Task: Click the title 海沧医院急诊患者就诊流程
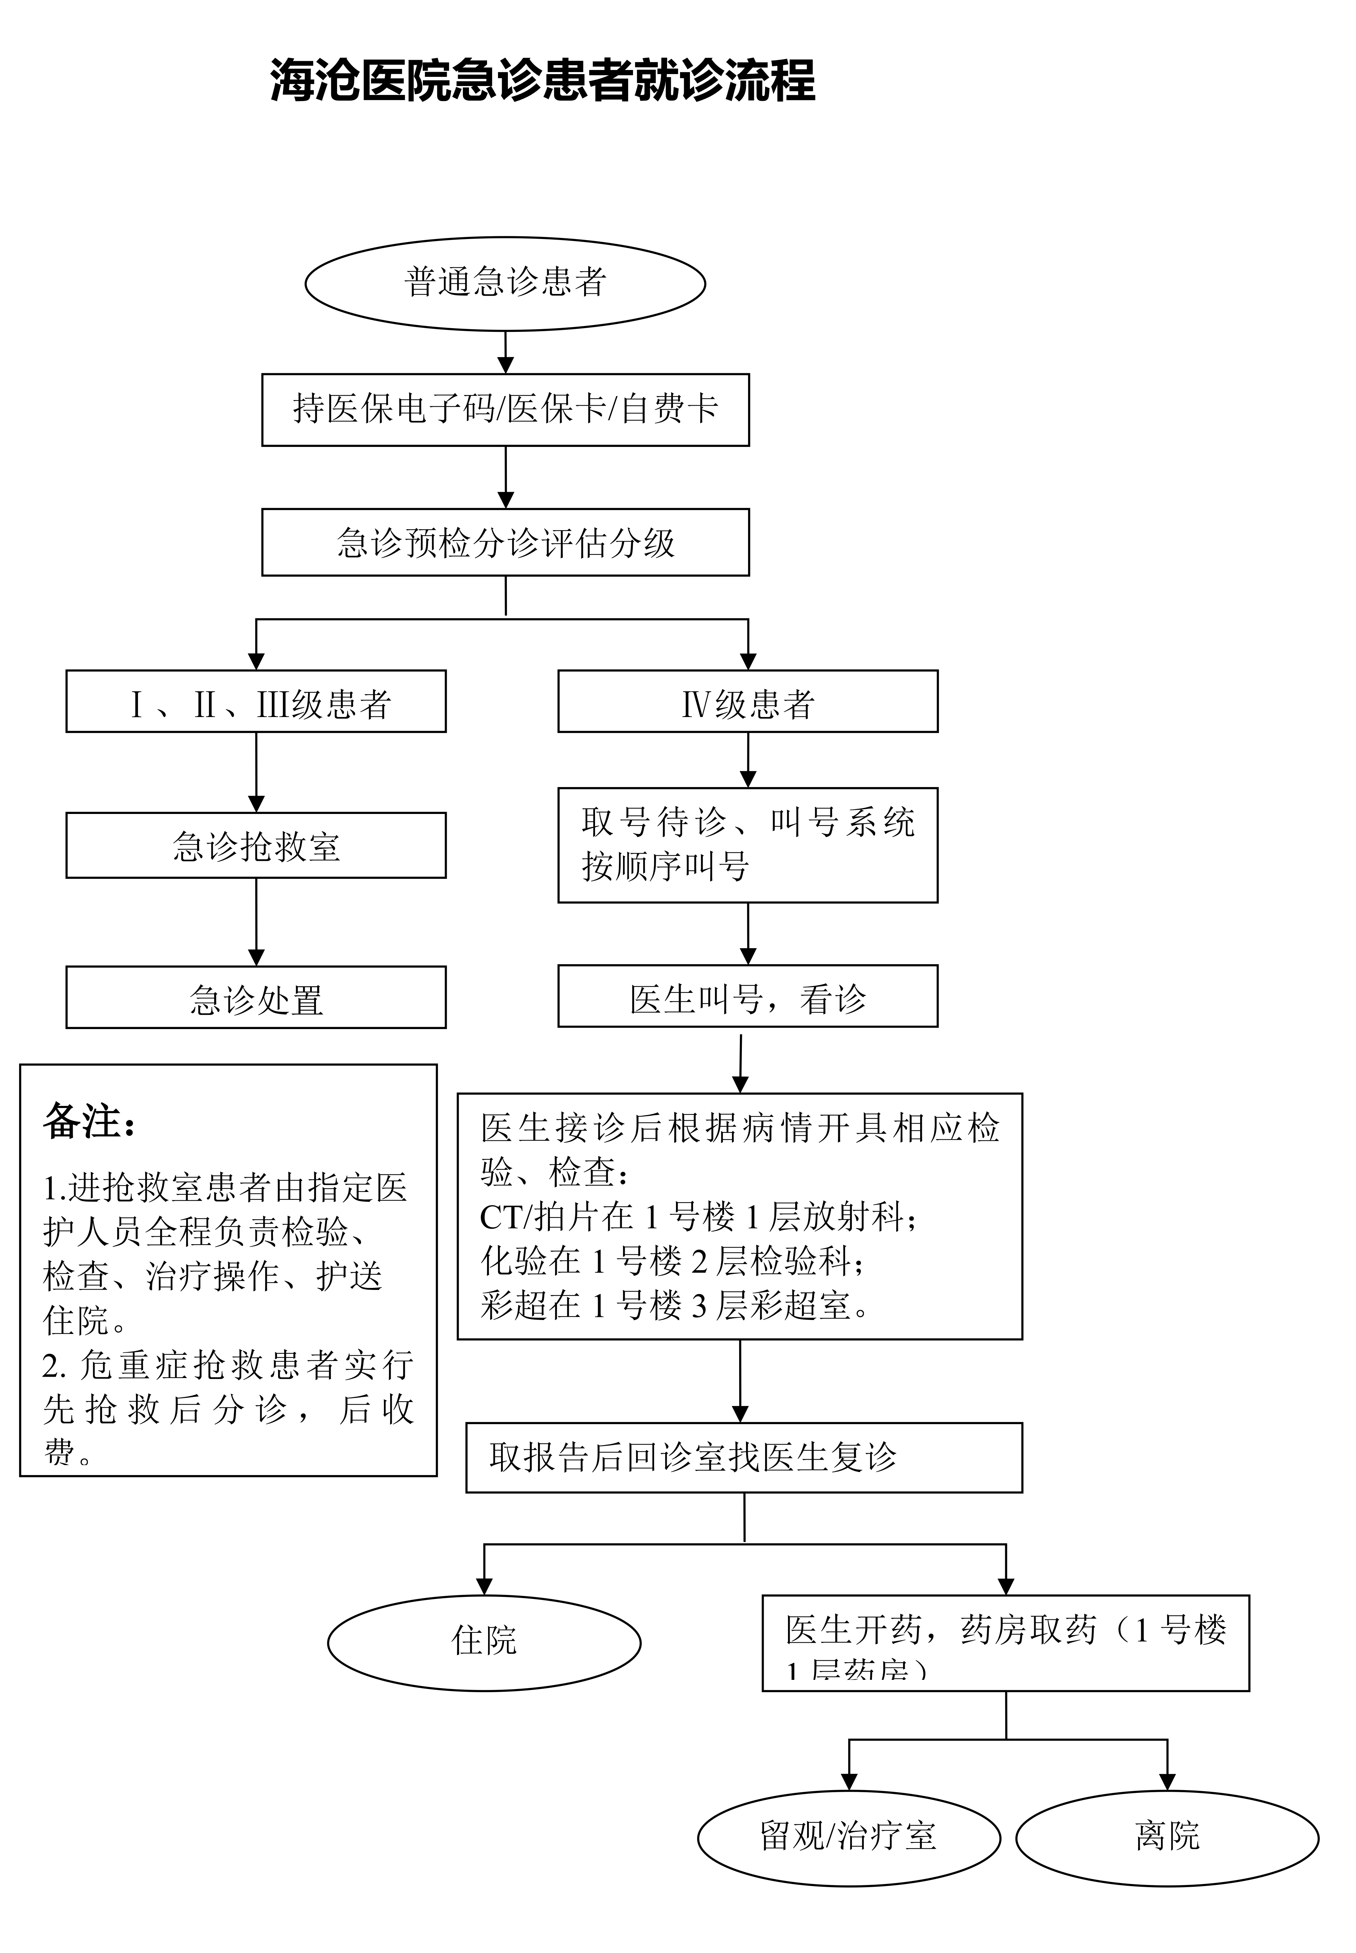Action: (x=542, y=81)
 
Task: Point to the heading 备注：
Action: (x=89, y=1122)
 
